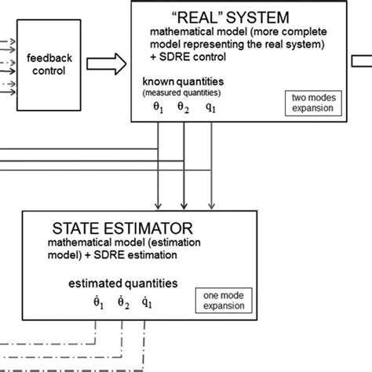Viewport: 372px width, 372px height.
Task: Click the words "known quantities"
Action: (182, 82)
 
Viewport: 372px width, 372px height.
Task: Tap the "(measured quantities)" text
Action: (182, 93)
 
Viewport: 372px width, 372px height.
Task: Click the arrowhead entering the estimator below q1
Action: (210, 203)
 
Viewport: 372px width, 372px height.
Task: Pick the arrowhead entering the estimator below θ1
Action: (159, 203)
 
